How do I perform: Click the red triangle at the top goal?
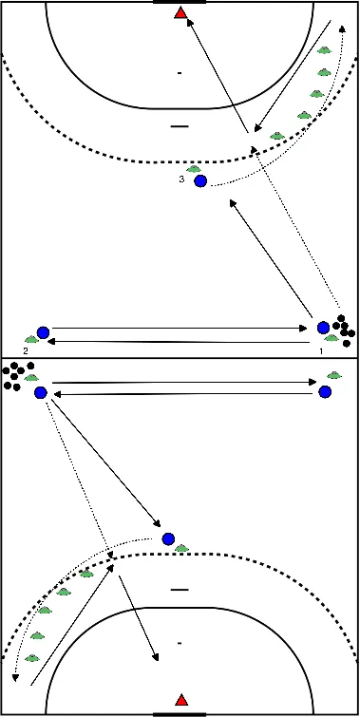180,13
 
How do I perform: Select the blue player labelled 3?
199,180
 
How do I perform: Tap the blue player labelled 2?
43,332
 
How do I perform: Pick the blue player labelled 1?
324,328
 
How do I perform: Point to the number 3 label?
180,179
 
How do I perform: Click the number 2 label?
26,350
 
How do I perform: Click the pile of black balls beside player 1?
343,327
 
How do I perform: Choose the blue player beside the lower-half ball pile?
41,392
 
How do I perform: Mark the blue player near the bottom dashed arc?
168,538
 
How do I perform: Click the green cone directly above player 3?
195,169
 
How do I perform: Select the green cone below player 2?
31,341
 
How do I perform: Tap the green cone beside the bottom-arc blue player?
181,548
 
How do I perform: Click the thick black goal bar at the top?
180,2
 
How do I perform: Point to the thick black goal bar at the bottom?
180,712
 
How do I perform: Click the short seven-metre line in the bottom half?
179,590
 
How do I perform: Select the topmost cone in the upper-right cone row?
325,50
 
